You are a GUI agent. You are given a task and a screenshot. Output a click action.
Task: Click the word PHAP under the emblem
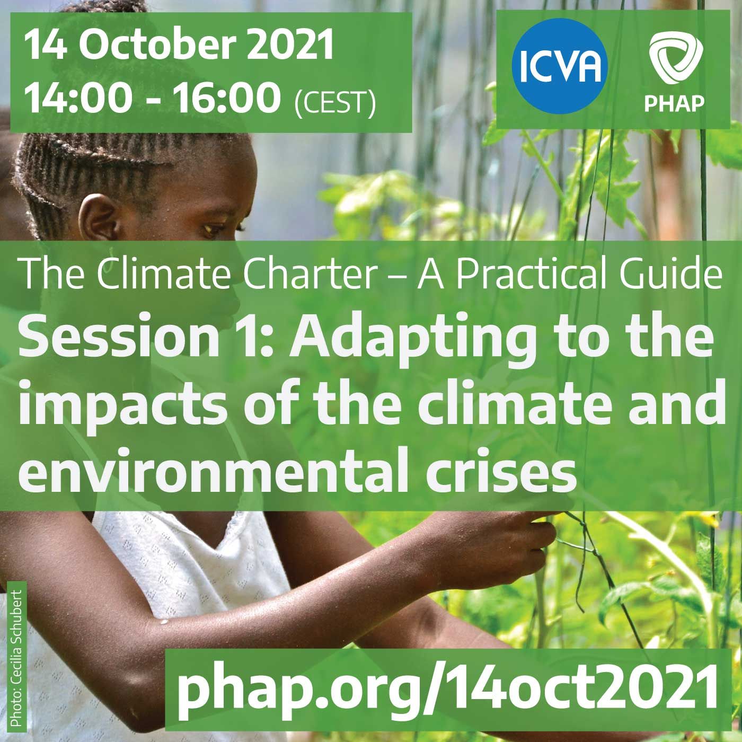pos(674,103)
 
